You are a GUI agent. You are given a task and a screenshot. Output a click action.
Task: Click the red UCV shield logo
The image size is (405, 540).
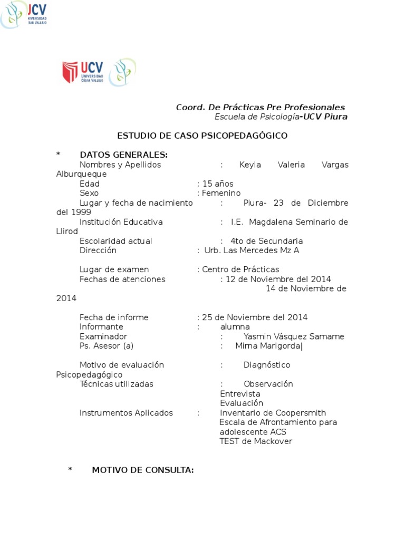tap(70, 72)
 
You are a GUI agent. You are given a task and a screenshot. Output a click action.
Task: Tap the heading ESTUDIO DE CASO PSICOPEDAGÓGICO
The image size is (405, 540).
tap(202, 136)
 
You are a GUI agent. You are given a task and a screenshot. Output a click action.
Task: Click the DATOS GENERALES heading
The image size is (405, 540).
tap(123, 155)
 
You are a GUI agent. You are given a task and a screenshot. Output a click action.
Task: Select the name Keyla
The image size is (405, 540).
tap(250, 165)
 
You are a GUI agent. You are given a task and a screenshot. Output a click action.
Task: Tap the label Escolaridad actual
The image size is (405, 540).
tap(115, 241)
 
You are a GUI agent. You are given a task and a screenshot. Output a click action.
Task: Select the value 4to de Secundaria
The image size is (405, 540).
tap(266, 241)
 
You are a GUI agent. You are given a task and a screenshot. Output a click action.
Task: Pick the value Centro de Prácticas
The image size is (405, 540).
tap(240, 269)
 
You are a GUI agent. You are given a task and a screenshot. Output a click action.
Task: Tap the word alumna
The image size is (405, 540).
tap(235, 327)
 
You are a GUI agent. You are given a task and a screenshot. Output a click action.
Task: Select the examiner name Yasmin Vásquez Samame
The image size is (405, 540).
tap(294, 336)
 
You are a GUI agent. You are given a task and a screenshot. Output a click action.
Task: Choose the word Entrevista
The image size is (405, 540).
tap(240, 394)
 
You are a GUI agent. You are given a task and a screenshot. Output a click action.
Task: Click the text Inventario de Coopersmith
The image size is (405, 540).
tap(273, 413)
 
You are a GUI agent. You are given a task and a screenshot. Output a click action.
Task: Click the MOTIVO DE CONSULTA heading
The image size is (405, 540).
tap(143, 470)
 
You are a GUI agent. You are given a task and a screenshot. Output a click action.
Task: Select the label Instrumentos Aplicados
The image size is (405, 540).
tap(126, 413)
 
